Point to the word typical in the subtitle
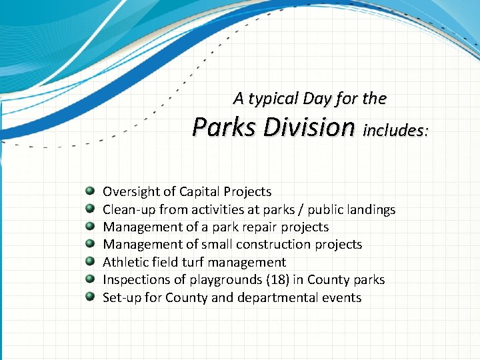(x=273, y=99)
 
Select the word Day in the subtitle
(x=317, y=99)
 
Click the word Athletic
(x=124, y=263)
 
